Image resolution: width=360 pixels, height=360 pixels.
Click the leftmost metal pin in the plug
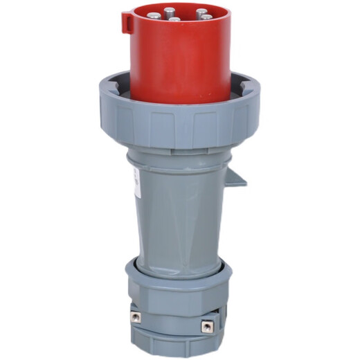pos(153,15)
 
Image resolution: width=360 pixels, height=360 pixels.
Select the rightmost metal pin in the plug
pos(206,16)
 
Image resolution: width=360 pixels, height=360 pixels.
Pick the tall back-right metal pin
pos(201,12)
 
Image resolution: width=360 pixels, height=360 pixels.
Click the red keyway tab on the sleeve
pos(127,22)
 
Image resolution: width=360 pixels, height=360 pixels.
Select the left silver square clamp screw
pos(135,316)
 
